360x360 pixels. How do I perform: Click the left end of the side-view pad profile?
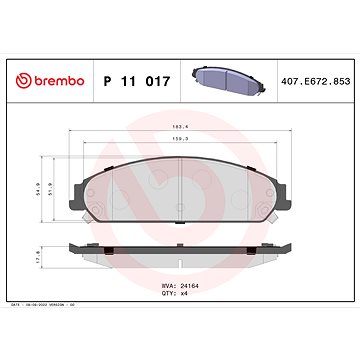click(75, 248)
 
